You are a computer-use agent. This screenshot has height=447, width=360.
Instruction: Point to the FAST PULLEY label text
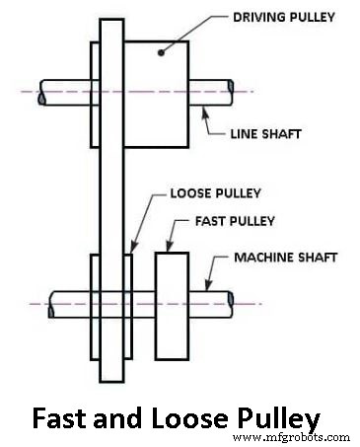point(220,221)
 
